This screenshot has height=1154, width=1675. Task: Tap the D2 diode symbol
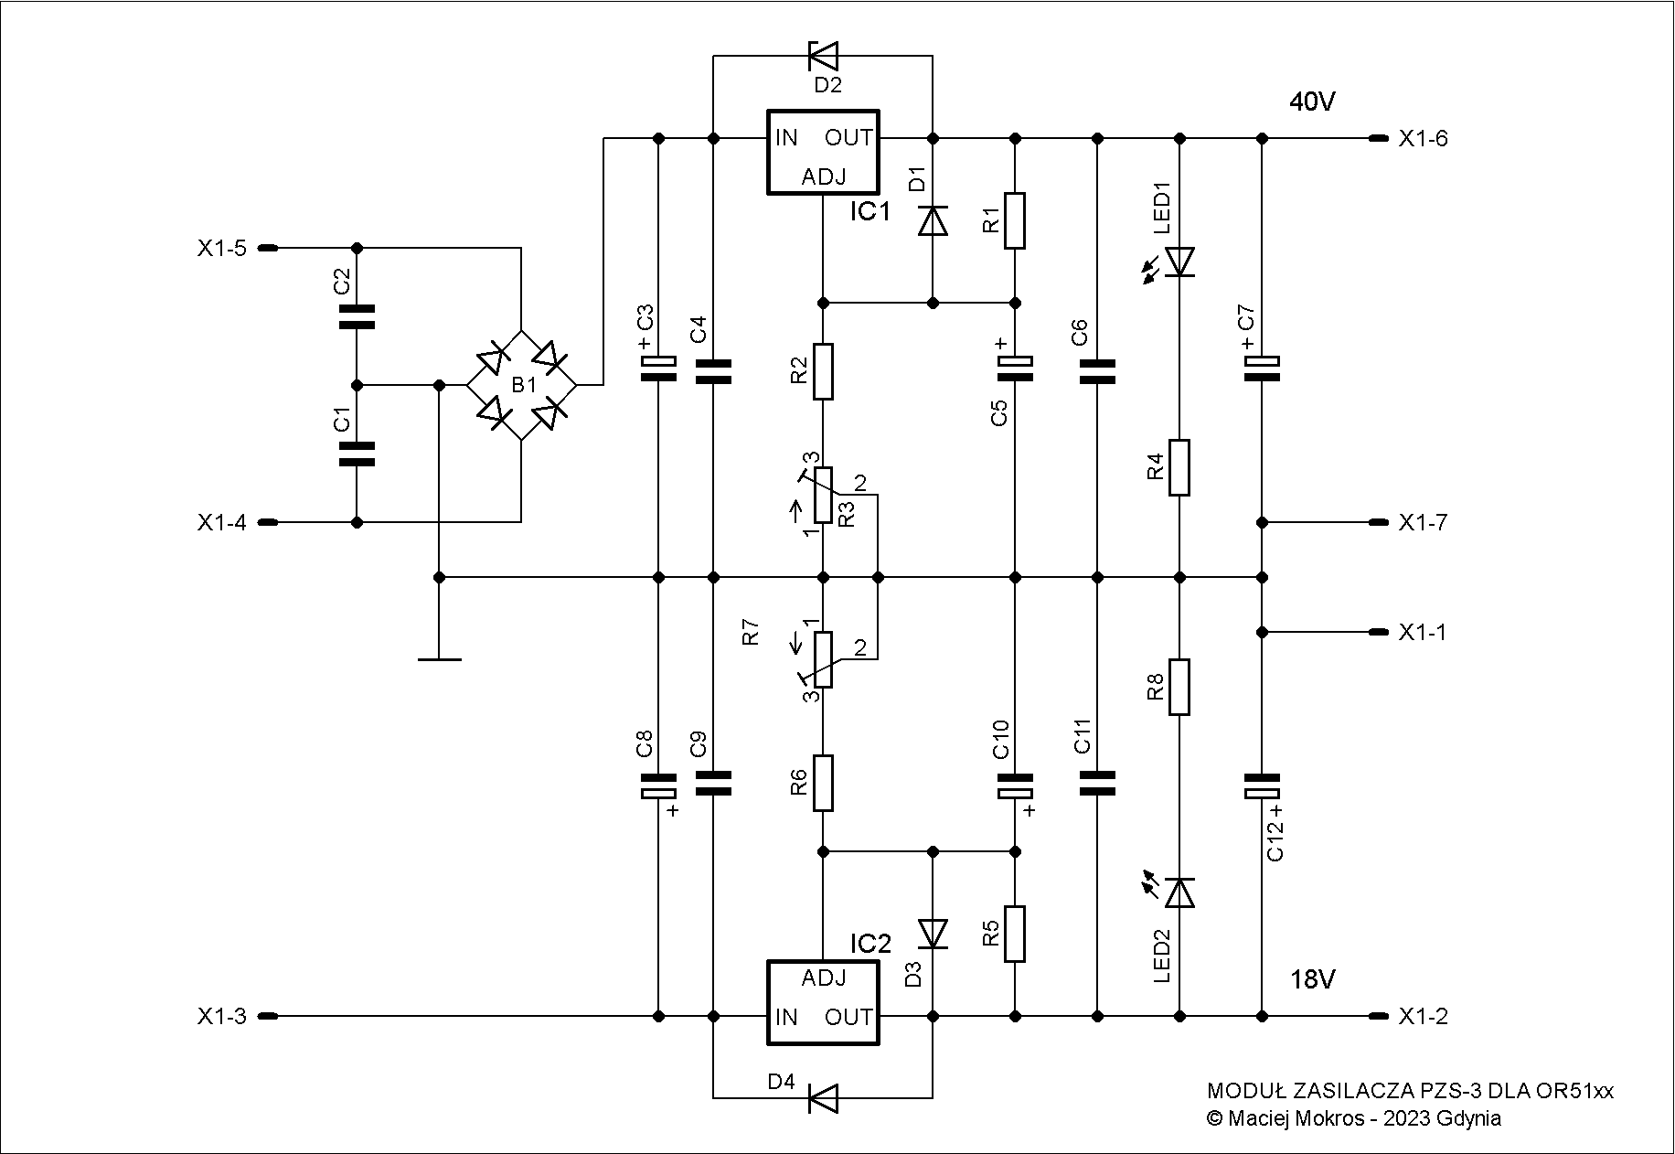823,56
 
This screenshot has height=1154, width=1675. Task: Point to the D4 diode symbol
823,1098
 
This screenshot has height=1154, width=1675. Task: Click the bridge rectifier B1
521,385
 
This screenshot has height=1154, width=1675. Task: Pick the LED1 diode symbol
1180,262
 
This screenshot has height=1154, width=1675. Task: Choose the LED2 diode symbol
1180,892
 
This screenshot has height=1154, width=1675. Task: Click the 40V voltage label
1313,102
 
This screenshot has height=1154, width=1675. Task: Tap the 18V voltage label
1313,980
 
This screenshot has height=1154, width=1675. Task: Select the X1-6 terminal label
1424,139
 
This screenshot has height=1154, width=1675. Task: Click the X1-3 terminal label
221,1016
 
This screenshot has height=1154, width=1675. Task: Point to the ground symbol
440,658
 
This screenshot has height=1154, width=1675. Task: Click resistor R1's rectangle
1015,220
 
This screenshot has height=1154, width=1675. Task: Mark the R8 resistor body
1180,687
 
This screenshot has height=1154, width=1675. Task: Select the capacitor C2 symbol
357,316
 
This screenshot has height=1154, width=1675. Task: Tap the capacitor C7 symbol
1263,368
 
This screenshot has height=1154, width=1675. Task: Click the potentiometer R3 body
823,495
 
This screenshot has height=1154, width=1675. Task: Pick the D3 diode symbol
934,934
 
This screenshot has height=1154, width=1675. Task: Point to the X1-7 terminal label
1424,523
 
